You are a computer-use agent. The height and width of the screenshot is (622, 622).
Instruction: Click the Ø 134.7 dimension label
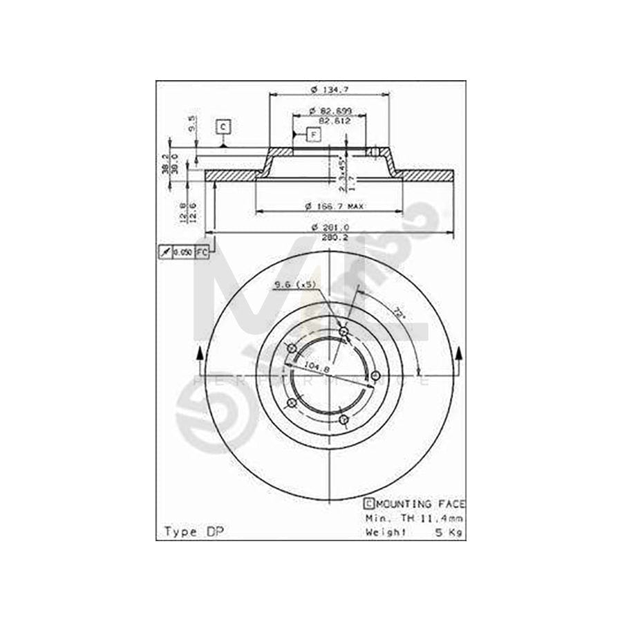click(329, 89)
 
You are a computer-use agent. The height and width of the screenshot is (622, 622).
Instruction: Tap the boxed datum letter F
click(313, 134)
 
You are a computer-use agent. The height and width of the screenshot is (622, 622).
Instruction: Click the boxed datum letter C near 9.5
click(223, 126)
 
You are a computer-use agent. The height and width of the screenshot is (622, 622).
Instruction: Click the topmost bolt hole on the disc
click(343, 332)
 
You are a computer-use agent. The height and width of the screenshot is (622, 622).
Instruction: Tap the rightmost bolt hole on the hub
click(375, 375)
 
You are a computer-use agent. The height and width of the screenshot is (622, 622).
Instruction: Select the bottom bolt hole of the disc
click(343, 420)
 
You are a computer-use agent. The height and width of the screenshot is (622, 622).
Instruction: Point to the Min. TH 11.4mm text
click(413, 518)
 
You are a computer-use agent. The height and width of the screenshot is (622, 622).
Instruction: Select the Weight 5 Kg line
click(413, 531)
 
